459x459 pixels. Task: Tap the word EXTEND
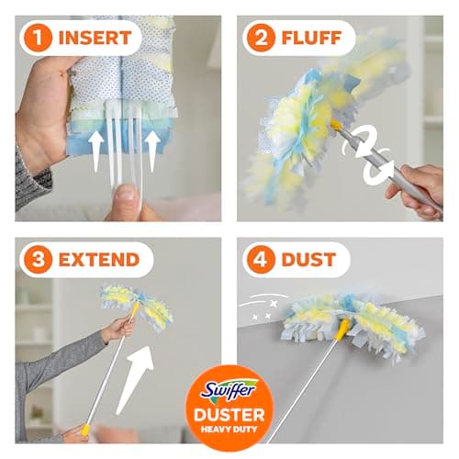[101, 260]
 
